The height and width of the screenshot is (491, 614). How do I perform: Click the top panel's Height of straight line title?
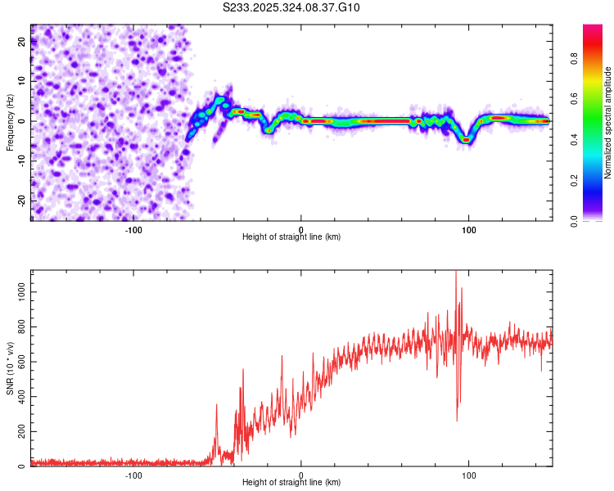click(291, 236)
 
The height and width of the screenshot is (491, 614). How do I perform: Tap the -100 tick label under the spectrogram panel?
click(133, 228)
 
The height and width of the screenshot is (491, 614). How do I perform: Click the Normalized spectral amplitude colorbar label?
click(608, 123)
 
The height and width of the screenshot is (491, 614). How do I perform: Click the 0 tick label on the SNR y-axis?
click(23, 466)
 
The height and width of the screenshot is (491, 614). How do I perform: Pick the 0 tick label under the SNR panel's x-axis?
click(301, 475)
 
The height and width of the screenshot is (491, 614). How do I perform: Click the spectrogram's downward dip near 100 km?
click(467, 140)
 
